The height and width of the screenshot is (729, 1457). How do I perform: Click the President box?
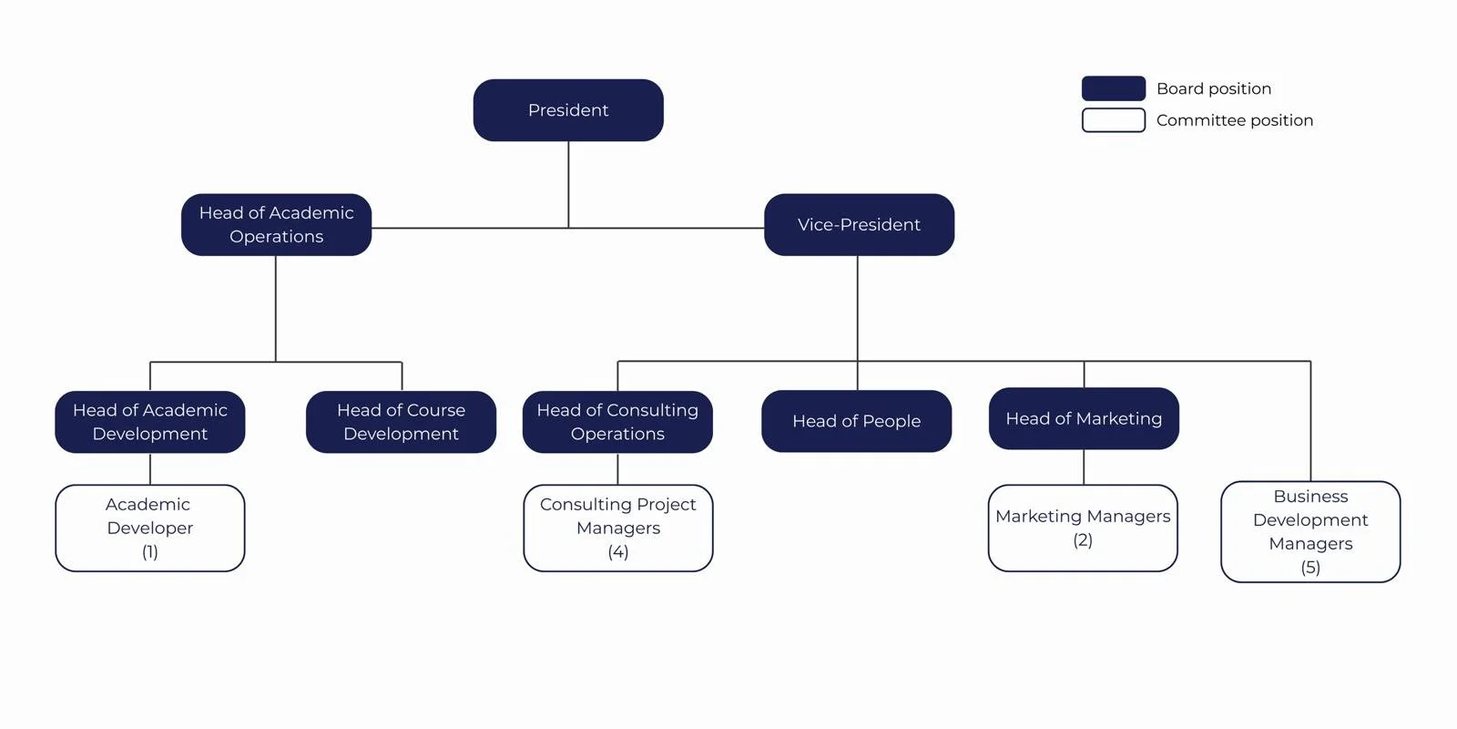(x=568, y=110)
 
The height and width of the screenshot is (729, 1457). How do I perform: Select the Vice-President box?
(x=859, y=224)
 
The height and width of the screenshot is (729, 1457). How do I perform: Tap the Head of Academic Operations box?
(x=276, y=224)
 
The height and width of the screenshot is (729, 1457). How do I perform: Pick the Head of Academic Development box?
(x=150, y=422)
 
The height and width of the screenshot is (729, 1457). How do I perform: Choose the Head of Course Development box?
(x=401, y=422)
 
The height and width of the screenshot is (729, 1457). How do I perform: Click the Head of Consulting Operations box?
(x=617, y=422)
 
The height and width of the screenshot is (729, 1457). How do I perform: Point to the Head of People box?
(x=856, y=421)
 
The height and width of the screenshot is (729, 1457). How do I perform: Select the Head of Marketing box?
(x=1084, y=418)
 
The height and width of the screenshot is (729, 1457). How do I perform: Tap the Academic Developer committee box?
(x=150, y=528)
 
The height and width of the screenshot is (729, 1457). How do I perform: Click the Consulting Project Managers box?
(x=617, y=528)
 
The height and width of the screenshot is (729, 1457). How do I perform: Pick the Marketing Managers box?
(x=1083, y=528)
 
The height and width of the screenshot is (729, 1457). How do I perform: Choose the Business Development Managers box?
(x=1310, y=531)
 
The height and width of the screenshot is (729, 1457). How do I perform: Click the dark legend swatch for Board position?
(x=1113, y=88)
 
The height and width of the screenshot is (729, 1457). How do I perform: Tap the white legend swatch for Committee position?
(x=1113, y=120)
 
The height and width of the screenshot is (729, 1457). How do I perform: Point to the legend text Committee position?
(x=1234, y=120)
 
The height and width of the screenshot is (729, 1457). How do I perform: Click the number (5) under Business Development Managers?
(x=1310, y=568)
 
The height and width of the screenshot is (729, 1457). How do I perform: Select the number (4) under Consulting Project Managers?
(x=618, y=552)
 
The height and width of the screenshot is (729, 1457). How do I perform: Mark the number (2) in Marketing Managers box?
(x=1083, y=540)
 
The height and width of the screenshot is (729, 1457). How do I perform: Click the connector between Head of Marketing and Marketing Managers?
(x=1084, y=467)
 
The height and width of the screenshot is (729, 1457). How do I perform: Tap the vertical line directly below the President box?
(x=568, y=182)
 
